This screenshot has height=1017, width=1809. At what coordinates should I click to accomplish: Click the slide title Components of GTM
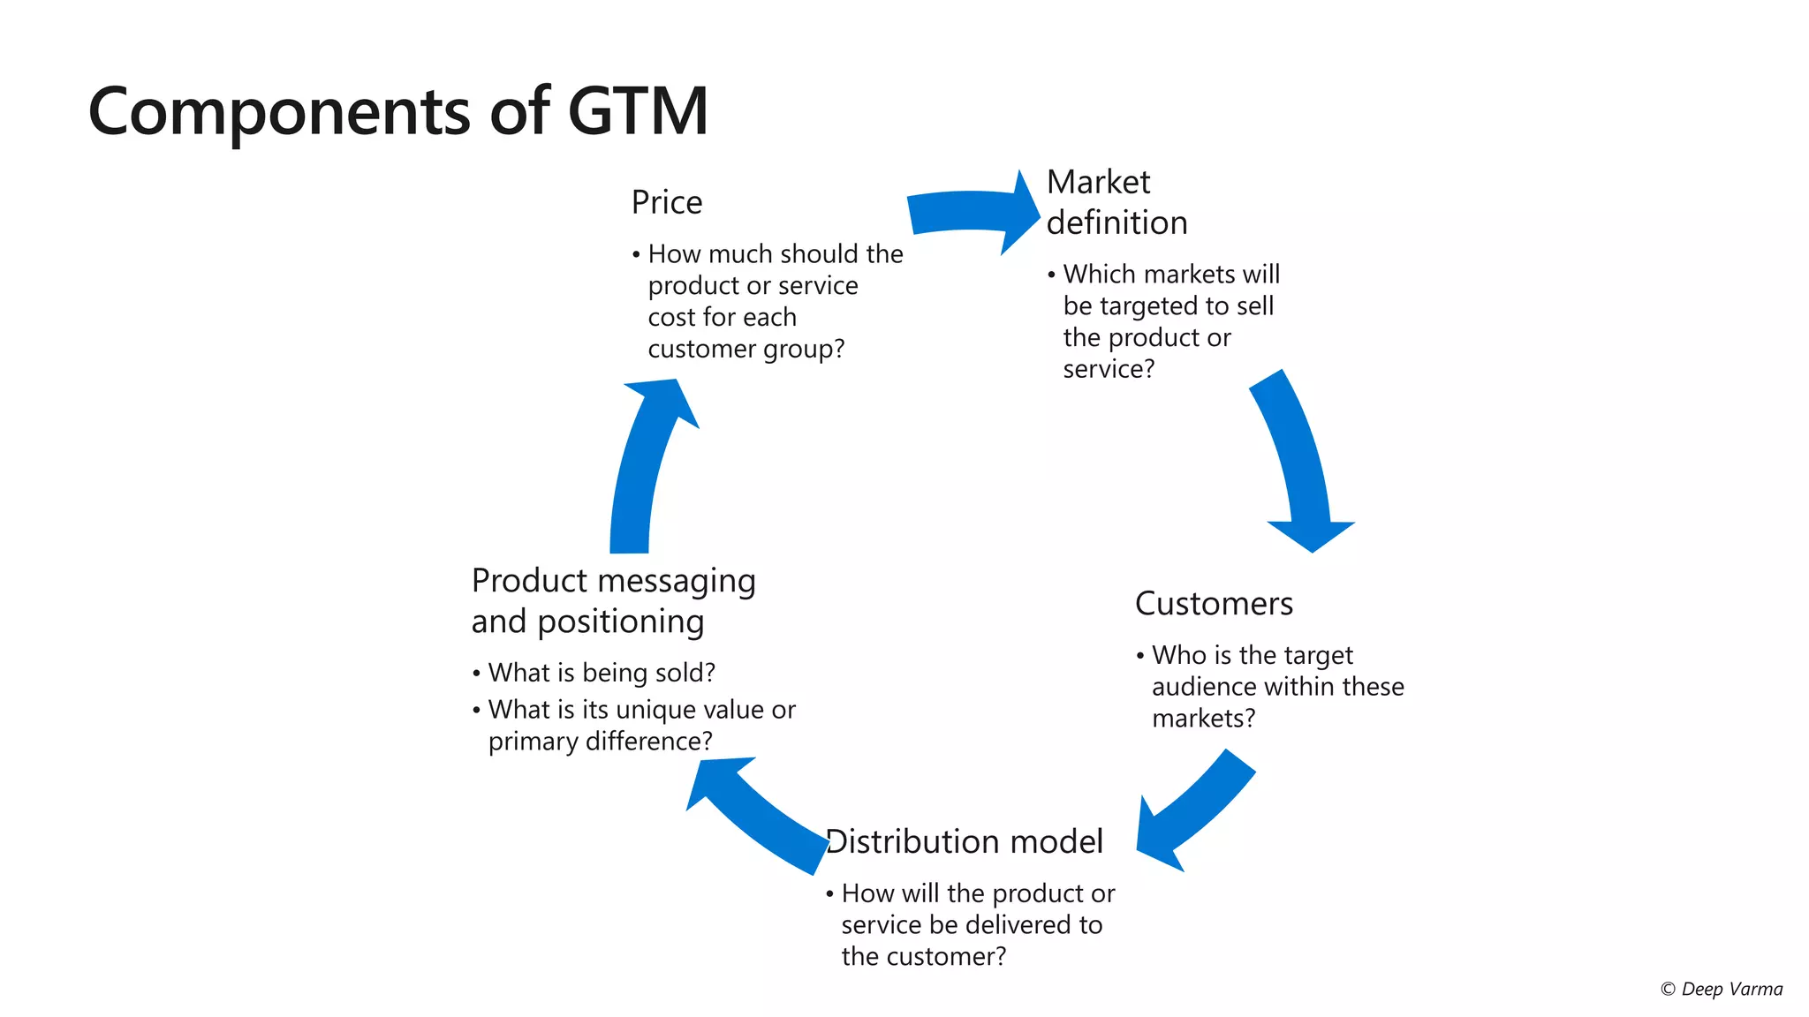(x=397, y=111)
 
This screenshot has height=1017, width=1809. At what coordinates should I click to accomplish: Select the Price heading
(x=666, y=203)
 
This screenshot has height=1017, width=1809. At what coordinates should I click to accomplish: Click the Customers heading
(x=1213, y=604)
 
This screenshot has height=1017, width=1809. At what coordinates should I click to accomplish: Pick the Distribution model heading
(x=965, y=842)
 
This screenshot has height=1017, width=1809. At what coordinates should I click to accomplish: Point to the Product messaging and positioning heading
(x=612, y=601)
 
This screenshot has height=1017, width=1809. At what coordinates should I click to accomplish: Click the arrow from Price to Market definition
(x=972, y=213)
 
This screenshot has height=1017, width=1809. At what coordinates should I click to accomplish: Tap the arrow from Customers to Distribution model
(x=1192, y=812)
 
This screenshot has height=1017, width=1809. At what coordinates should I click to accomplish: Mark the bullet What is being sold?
(x=601, y=673)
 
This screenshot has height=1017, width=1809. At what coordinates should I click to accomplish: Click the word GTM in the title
(x=638, y=111)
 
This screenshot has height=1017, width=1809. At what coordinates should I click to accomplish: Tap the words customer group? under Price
(x=746, y=350)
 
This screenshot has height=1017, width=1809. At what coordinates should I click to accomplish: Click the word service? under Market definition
(x=1108, y=370)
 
